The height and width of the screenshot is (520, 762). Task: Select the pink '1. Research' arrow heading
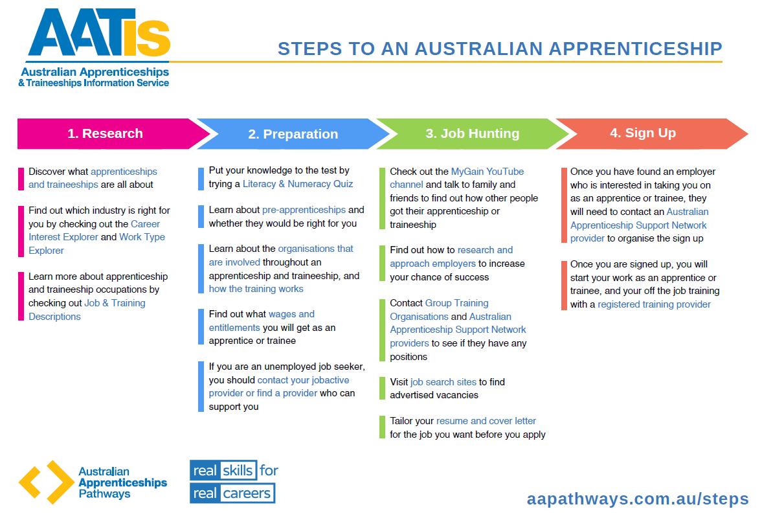coord(105,133)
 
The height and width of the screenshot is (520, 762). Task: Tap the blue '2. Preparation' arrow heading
coord(293,134)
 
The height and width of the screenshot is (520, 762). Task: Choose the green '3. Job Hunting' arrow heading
coord(472,133)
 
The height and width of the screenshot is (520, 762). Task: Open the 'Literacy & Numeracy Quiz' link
coord(298,184)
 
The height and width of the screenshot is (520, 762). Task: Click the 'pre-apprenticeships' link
coord(304,210)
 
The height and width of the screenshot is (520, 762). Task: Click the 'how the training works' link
coord(256,289)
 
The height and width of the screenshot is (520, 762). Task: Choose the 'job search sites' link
coord(443,382)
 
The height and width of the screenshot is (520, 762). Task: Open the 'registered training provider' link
coord(654,304)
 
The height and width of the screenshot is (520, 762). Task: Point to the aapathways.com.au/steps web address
coord(637,499)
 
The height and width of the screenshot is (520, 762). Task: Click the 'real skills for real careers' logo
coord(233,481)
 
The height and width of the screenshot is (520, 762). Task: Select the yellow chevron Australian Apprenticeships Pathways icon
coord(45,482)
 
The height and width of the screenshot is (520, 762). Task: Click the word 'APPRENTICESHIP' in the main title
coord(634,49)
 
